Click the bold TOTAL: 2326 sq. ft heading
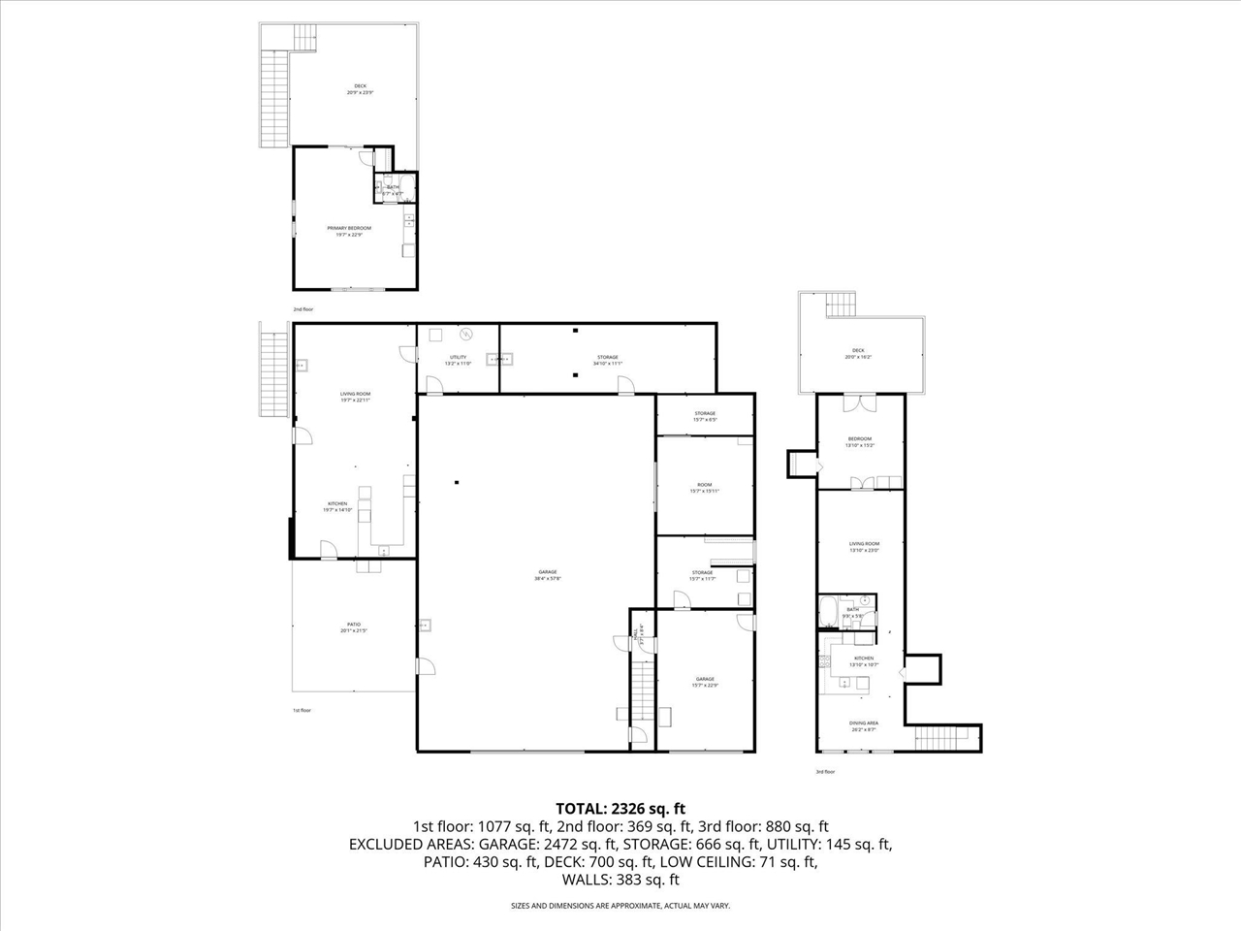(x=620, y=808)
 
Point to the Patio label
(x=354, y=627)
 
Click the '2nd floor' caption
(x=303, y=309)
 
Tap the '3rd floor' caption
(x=824, y=771)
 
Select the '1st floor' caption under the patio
(x=302, y=710)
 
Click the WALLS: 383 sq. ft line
(x=620, y=881)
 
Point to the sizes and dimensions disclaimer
(x=620, y=906)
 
